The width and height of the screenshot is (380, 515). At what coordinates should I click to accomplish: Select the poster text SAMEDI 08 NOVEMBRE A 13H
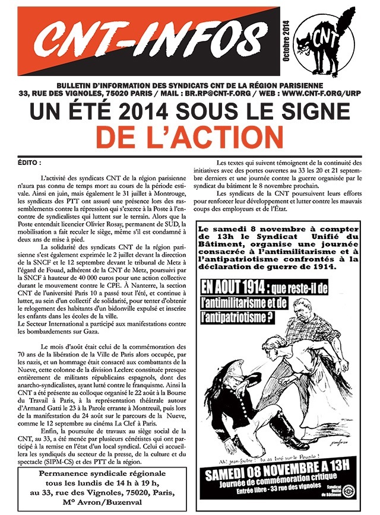click(277, 476)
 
